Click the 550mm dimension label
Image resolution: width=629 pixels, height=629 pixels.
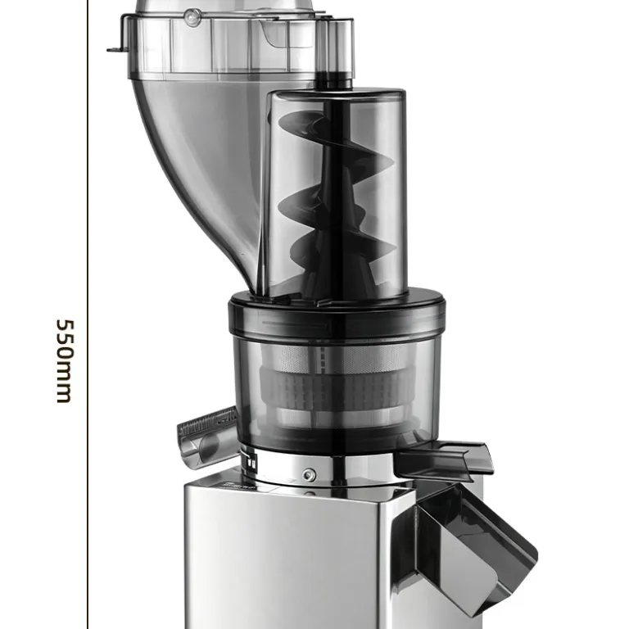(x=65, y=361)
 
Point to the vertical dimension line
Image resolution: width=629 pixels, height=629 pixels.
(x=88, y=314)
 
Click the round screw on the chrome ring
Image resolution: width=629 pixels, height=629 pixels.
(x=308, y=475)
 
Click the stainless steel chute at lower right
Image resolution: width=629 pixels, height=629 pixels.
(x=469, y=550)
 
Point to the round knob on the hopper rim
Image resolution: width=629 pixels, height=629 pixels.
(x=193, y=17)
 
